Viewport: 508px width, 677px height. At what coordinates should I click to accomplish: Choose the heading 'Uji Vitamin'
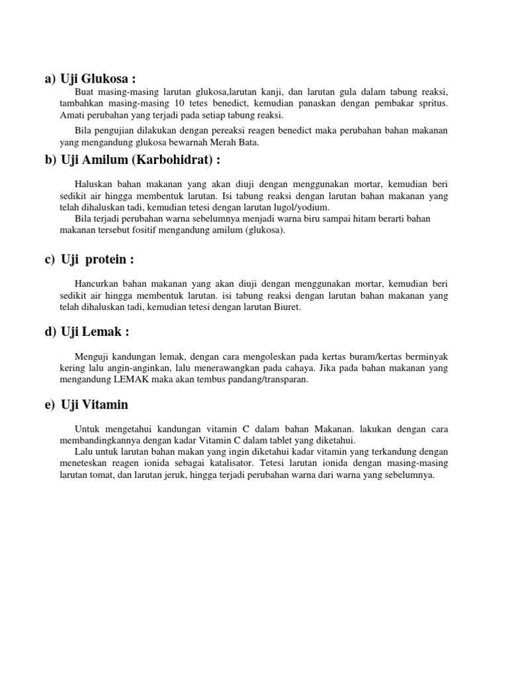(x=94, y=404)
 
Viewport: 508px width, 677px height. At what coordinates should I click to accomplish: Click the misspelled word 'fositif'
(x=150, y=230)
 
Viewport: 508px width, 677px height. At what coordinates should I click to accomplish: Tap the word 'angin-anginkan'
(x=113, y=368)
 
